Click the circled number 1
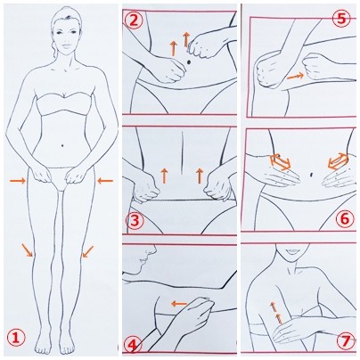[17, 338]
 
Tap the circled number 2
[134, 20]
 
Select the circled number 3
[135, 221]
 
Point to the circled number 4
[133, 345]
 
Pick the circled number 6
[345, 219]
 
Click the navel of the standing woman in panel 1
[62, 145]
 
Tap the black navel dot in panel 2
[189, 61]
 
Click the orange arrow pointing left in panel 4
[179, 304]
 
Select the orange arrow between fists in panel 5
[295, 76]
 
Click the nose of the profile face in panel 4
[153, 250]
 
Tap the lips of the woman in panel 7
[290, 251]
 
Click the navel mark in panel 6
[311, 174]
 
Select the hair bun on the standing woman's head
[54, 47]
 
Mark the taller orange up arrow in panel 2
[186, 39]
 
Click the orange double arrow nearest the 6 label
[338, 160]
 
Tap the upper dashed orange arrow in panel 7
[273, 307]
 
